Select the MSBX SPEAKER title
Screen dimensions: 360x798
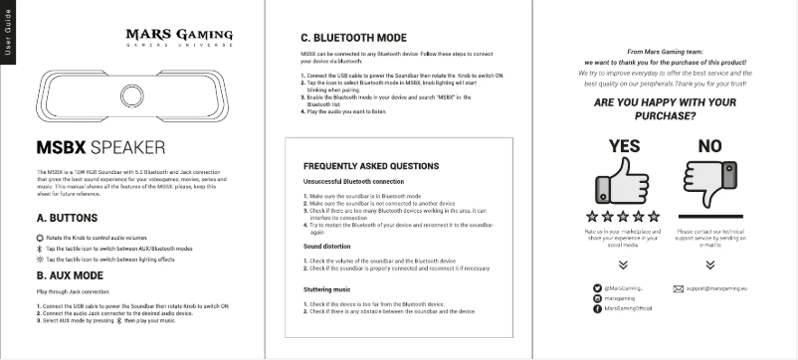pyautogui.click(x=100, y=148)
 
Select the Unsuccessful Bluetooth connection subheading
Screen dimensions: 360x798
pyautogui.click(x=353, y=182)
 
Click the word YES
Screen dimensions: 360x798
pyautogui.click(x=625, y=145)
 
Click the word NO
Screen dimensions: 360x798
pyautogui.click(x=710, y=145)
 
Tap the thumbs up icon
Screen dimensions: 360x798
pyautogui.click(x=625, y=183)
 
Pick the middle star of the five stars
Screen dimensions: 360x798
pyautogui.click(x=625, y=216)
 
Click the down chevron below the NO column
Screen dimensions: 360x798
pyautogui.click(x=710, y=267)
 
